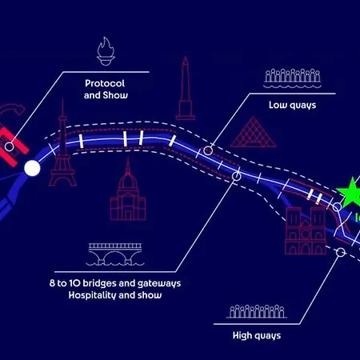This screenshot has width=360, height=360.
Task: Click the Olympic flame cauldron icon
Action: coord(106,51)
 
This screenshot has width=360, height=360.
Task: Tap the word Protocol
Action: coord(105,83)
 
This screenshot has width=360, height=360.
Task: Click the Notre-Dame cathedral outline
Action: coord(306,230)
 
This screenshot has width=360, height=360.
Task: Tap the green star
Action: coord(350,193)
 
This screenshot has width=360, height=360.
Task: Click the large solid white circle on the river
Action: coord(32,168)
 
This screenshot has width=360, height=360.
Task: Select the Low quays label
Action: coord(292,105)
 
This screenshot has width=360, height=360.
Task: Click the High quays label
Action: coord(257,335)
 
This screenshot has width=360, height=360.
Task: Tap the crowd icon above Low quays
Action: coord(293,78)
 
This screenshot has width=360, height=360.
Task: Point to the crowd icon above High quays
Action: coord(257,311)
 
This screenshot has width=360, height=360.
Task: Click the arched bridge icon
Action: coord(115,254)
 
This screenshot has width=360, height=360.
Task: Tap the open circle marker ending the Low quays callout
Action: coord(208,150)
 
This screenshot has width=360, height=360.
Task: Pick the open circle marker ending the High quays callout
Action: coord(341,252)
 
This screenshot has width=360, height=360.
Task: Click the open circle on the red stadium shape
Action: coord(10,146)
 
